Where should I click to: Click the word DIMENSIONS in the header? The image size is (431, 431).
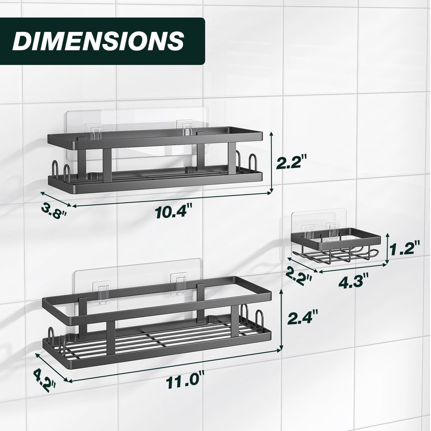click(x=98, y=41)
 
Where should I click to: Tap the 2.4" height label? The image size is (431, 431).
click(x=302, y=317)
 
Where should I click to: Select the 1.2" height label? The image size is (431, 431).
click(x=405, y=248)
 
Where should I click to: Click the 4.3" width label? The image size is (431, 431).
click(x=354, y=279)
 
